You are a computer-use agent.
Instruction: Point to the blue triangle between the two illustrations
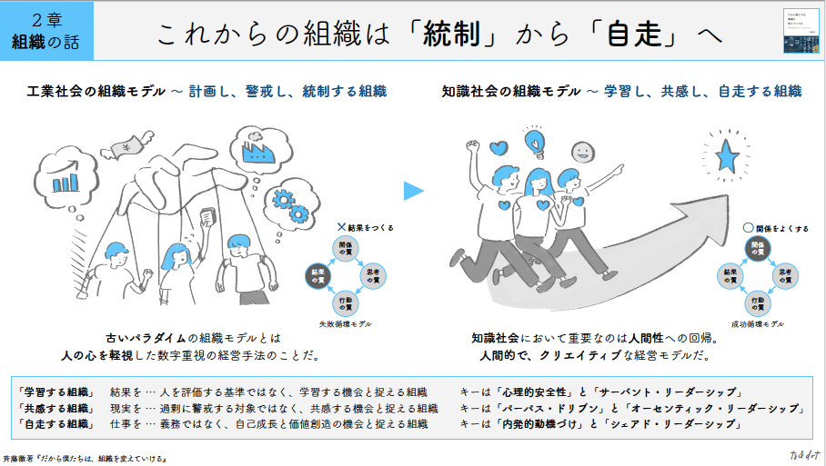(414, 191)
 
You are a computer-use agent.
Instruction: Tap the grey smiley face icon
(583, 150)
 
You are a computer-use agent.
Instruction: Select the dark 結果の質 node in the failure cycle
(319, 274)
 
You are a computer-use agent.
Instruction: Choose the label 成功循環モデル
(757, 324)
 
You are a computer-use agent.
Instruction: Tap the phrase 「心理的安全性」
(534, 392)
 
